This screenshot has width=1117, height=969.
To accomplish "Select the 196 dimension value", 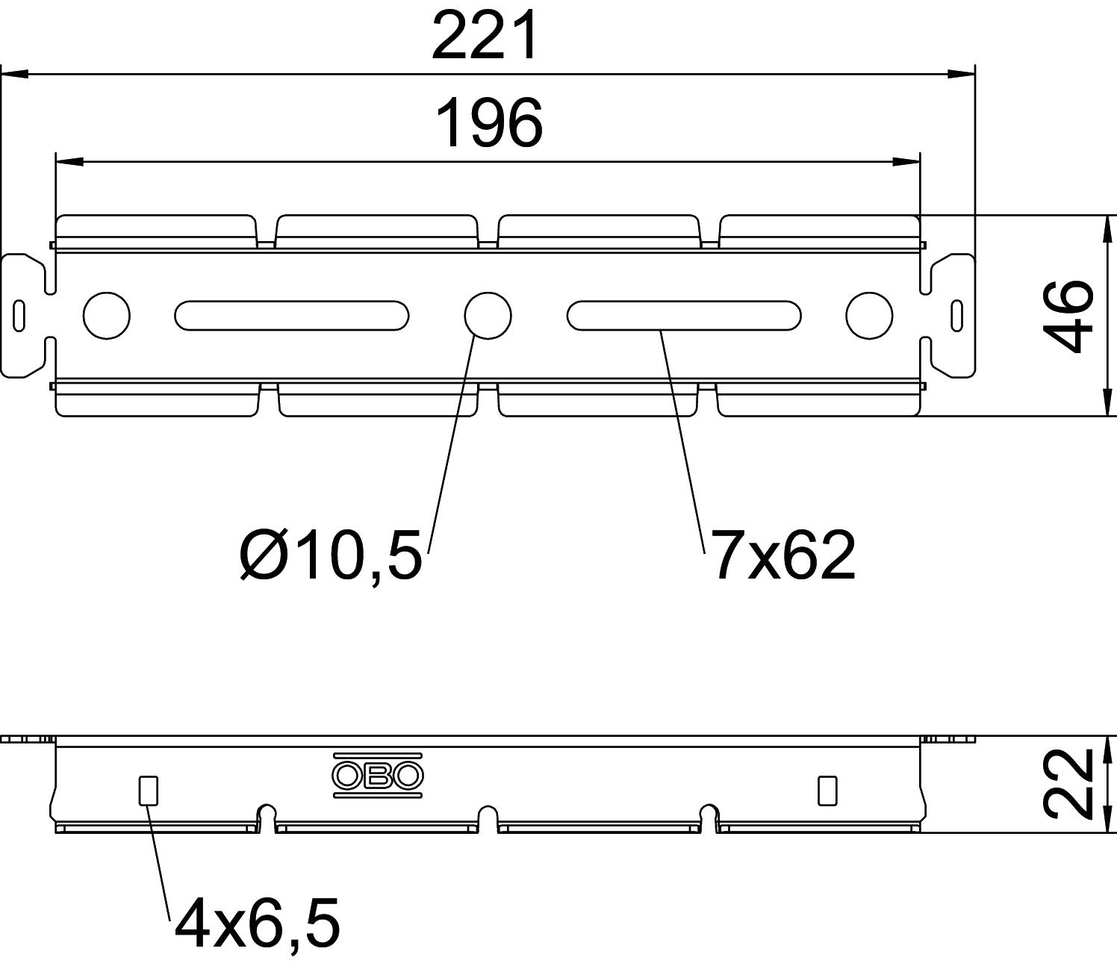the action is click(490, 123).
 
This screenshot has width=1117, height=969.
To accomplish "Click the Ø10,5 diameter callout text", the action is click(332, 555).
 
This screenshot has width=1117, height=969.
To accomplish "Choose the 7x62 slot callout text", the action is click(783, 554).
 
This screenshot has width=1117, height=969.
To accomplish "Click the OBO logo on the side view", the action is click(378, 775).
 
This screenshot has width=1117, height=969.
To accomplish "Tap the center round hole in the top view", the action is click(488, 316).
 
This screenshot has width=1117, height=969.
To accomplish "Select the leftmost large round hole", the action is click(107, 316).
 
